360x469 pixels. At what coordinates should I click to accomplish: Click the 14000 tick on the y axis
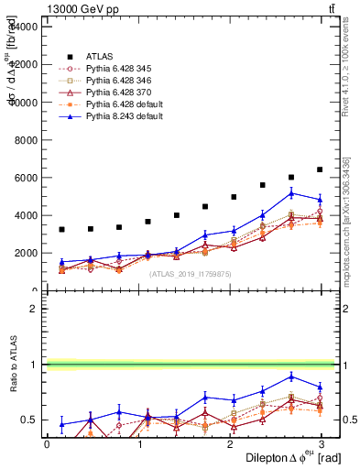point(25,27)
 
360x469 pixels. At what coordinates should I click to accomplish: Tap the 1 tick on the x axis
point(138,444)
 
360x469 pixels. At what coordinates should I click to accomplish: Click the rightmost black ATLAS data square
point(320,169)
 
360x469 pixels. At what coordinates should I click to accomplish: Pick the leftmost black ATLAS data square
point(61,230)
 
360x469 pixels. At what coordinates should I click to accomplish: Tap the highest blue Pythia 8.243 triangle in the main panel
point(292,193)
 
